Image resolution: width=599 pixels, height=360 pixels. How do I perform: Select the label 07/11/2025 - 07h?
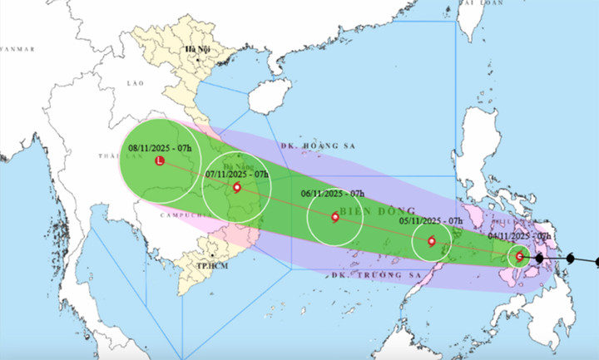237,175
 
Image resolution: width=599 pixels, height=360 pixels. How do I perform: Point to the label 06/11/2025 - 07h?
334,194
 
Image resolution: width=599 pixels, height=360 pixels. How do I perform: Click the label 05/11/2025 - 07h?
431,220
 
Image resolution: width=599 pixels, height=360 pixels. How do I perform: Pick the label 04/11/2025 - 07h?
522,236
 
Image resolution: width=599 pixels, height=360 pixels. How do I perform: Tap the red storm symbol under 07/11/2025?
237,188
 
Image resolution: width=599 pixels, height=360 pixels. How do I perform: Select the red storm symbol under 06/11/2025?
334,217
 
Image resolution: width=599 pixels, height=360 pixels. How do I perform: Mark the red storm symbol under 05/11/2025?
431,242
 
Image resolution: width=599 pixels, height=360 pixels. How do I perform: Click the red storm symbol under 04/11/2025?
520,257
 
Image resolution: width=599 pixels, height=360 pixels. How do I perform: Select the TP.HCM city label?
213,265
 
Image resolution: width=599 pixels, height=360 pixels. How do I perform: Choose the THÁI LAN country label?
116,156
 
